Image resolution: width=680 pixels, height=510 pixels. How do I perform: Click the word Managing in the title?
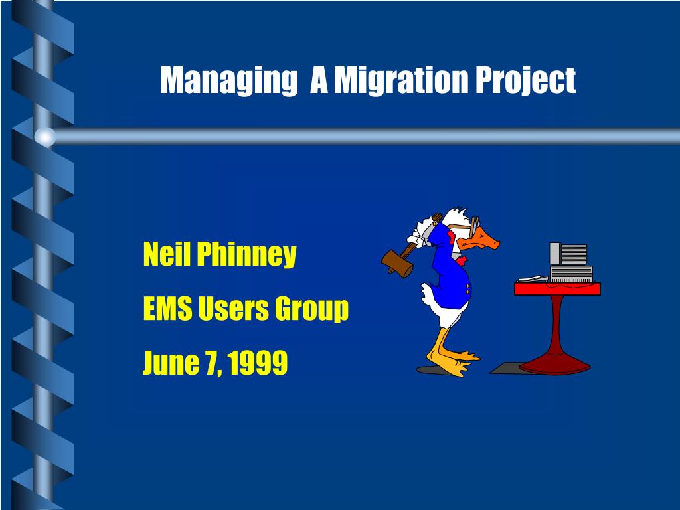(228, 80)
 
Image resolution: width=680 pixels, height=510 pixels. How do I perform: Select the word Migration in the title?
(400, 80)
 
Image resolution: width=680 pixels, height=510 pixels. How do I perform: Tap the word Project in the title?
(526, 80)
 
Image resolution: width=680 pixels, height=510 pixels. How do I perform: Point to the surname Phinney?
(246, 256)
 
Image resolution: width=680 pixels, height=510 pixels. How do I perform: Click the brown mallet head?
(396, 263)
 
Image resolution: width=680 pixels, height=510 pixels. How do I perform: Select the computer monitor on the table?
(568, 253)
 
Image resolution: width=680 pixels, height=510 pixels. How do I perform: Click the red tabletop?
(557, 288)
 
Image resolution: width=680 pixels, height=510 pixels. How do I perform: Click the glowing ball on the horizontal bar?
(44, 137)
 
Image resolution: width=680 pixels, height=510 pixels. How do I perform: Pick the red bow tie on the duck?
(462, 260)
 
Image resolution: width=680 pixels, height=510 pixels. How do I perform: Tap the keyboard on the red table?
(533, 279)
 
